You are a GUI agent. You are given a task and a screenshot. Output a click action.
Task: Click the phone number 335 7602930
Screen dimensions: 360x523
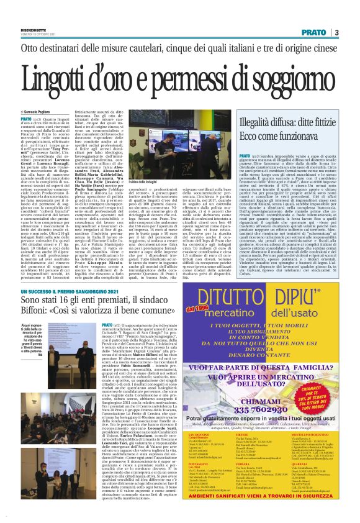[x=250, y=393]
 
